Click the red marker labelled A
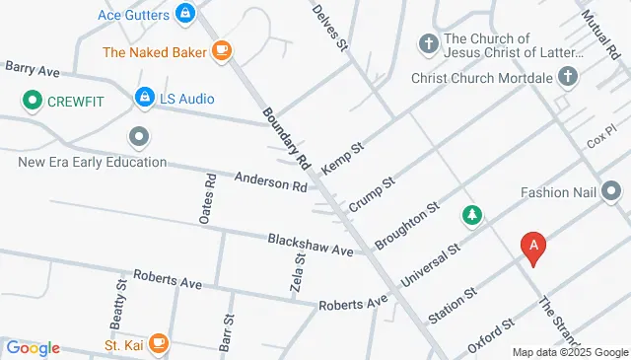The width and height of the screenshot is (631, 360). point(533,247)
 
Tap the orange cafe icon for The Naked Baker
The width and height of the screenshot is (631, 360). point(222,50)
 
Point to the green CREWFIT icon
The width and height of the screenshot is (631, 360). point(32,99)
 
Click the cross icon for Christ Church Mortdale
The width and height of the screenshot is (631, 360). point(568,75)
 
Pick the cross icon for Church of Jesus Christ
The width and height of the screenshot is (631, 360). point(428,43)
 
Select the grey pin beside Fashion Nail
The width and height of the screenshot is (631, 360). point(611,191)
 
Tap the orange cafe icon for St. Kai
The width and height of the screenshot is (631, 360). point(160,345)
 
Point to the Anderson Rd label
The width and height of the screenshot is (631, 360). point(270,181)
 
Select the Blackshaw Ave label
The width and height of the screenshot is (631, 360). point(310,245)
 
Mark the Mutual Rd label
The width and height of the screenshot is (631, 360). point(597,32)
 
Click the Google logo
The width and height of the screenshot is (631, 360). point(33,347)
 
